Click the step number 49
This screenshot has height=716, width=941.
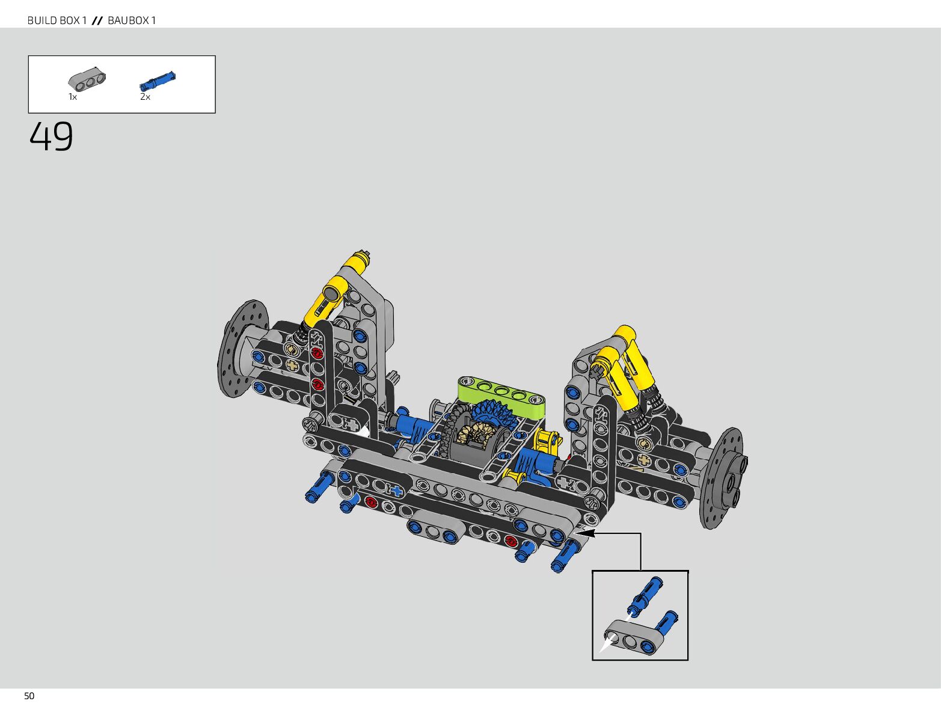(51, 136)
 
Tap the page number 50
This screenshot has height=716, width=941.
(29, 696)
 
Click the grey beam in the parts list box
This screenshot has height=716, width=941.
(87, 79)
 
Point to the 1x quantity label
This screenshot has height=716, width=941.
(73, 97)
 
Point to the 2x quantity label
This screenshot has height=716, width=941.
(146, 97)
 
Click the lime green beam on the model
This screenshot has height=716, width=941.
(501, 397)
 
